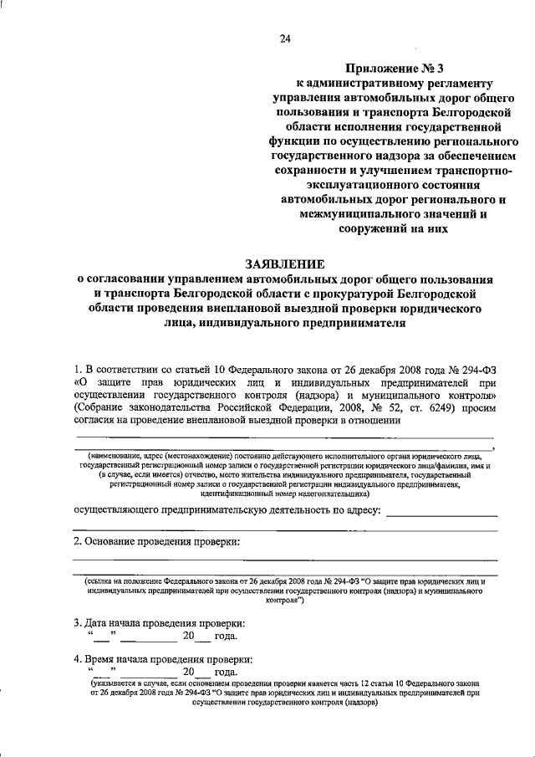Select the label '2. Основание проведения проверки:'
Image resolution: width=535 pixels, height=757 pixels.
156,542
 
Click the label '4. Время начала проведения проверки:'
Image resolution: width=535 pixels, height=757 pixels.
162,660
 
